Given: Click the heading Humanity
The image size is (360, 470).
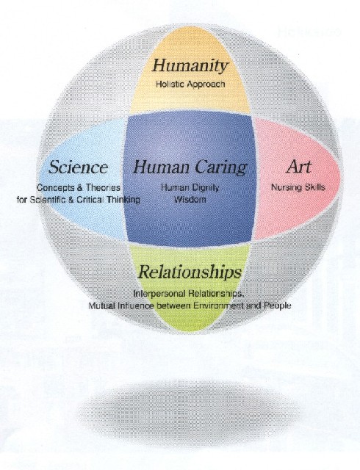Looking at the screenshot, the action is (190, 66).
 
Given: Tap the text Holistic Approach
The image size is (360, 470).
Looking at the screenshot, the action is (190, 84).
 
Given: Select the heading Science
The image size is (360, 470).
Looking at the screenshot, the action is (78, 167).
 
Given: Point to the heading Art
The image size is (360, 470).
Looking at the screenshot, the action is (298, 167).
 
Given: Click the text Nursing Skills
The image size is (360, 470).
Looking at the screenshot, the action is (298, 187).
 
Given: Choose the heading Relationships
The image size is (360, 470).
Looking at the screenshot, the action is (190, 272).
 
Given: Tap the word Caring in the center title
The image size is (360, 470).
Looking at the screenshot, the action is (214, 168).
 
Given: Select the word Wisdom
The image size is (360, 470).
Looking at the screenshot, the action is (190, 199).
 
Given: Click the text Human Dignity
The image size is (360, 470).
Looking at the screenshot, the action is (190, 188).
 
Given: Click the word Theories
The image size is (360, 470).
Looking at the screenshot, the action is (103, 188).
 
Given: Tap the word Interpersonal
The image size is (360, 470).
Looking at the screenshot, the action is (159, 294).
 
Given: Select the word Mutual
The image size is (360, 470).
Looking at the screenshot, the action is (101, 306).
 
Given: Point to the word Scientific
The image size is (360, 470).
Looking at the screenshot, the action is (48, 200).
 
